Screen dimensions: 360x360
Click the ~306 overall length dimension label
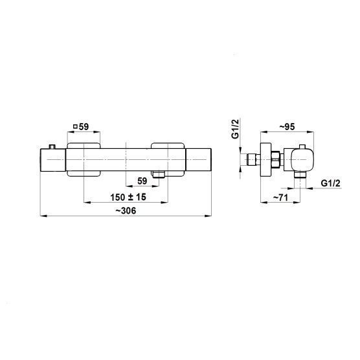126,210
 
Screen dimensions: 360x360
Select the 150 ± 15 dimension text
128,197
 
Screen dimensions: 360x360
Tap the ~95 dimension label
287,126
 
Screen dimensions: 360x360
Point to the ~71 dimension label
280,197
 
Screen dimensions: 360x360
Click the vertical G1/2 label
236,129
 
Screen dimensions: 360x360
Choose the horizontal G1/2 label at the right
331,183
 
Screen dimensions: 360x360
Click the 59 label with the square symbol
81,126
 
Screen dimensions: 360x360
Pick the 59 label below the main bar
142,181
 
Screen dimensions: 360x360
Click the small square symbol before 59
75,126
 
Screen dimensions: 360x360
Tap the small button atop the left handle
52,147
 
